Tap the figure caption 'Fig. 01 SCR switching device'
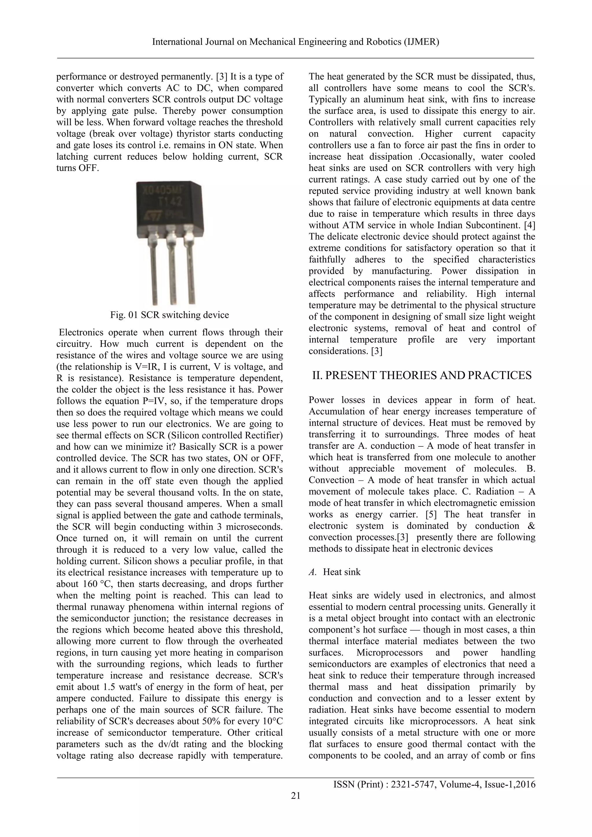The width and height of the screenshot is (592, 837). pyautogui.click(x=169, y=315)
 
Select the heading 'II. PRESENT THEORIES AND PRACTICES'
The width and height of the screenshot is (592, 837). pyautogui.click(x=422, y=376)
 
